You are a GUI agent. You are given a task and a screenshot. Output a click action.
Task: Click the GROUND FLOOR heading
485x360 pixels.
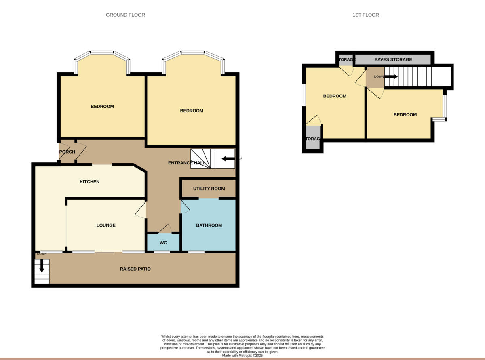(x=125, y=15)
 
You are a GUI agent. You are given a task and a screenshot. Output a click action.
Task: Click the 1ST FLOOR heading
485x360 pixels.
(x=365, y=15)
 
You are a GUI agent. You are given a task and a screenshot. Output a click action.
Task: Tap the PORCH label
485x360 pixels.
(x=67, y=152)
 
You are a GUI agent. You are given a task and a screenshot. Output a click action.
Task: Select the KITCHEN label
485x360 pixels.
(x=89, y=182)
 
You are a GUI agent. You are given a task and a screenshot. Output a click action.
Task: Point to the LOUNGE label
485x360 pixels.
(x=106, y=225)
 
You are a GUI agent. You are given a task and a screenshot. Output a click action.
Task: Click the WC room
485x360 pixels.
(x=163, y=243)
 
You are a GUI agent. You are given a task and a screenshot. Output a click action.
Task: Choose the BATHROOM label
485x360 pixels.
(x=209, y=225)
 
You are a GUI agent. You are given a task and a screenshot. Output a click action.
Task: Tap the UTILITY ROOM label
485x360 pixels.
(x=209, y=189)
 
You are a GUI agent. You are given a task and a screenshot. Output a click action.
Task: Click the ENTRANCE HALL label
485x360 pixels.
(x=187, y=163)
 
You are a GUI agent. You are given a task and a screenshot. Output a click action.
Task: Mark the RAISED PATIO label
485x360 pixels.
(x=135, y=269)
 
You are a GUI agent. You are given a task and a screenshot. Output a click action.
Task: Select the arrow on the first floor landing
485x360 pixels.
(x=391, y=77)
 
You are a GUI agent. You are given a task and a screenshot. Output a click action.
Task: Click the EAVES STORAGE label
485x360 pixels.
(x=393, y=59)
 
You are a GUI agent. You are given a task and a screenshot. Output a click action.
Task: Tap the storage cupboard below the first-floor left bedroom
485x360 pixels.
(x=312, y=139)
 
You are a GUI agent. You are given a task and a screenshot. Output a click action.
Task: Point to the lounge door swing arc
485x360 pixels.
(x=140, y=210)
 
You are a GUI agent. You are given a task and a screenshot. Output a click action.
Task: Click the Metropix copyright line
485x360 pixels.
(x=242, y=356)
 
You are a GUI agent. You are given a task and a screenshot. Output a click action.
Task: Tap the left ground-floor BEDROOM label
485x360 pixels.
(x=102, y=107)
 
